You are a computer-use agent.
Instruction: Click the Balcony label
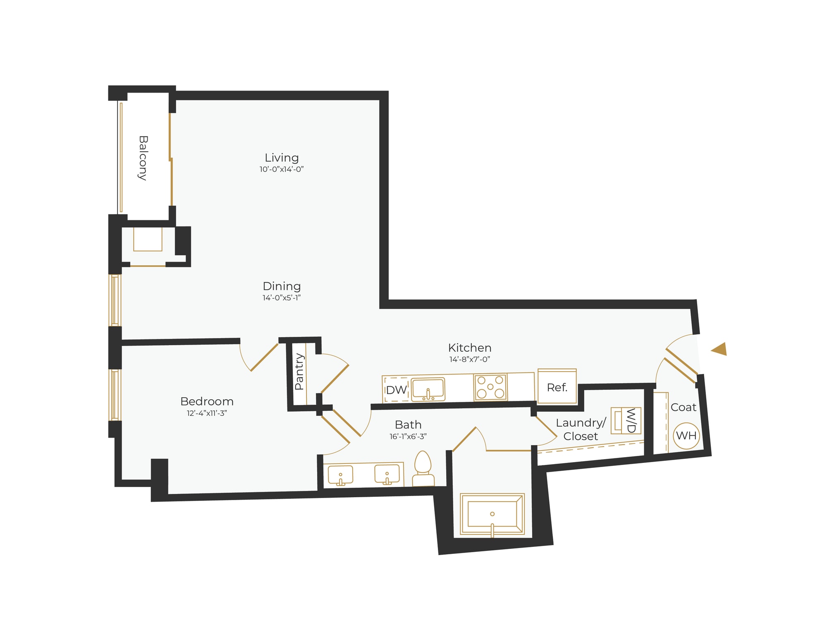coord(143,158)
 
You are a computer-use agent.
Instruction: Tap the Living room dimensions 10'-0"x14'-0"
coord(282,169)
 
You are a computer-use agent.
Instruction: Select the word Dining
coord(282,286)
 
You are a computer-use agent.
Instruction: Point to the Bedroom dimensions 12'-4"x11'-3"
coord(207,413)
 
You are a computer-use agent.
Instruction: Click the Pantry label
coord(299,372)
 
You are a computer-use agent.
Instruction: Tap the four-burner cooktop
coord(490,387)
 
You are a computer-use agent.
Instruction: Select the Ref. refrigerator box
coord(557,386)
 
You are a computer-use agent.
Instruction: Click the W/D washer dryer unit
coord(626,421)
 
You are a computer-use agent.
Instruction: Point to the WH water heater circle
coord(686,436)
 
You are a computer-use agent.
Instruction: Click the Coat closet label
coord(684,407)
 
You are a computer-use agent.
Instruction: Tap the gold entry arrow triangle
coord(719,349)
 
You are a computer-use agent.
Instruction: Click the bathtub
coord(492,514)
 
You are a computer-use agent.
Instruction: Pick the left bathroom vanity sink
coord(340,474)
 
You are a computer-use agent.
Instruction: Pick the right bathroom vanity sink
coord(387,474)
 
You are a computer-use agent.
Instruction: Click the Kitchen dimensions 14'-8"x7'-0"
coord(470,359)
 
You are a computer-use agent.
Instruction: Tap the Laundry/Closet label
coord(581,429)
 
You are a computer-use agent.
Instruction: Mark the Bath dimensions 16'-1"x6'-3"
coord(408,436)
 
